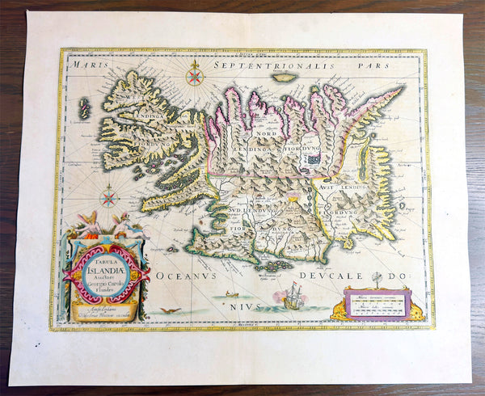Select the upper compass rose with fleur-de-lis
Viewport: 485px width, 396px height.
pyautogui.click(x=193, y=76)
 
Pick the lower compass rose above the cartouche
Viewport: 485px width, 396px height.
pyautogui.click(x=109, y=196)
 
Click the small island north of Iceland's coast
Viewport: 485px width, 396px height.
pyautogui.click(x=284, y=78)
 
